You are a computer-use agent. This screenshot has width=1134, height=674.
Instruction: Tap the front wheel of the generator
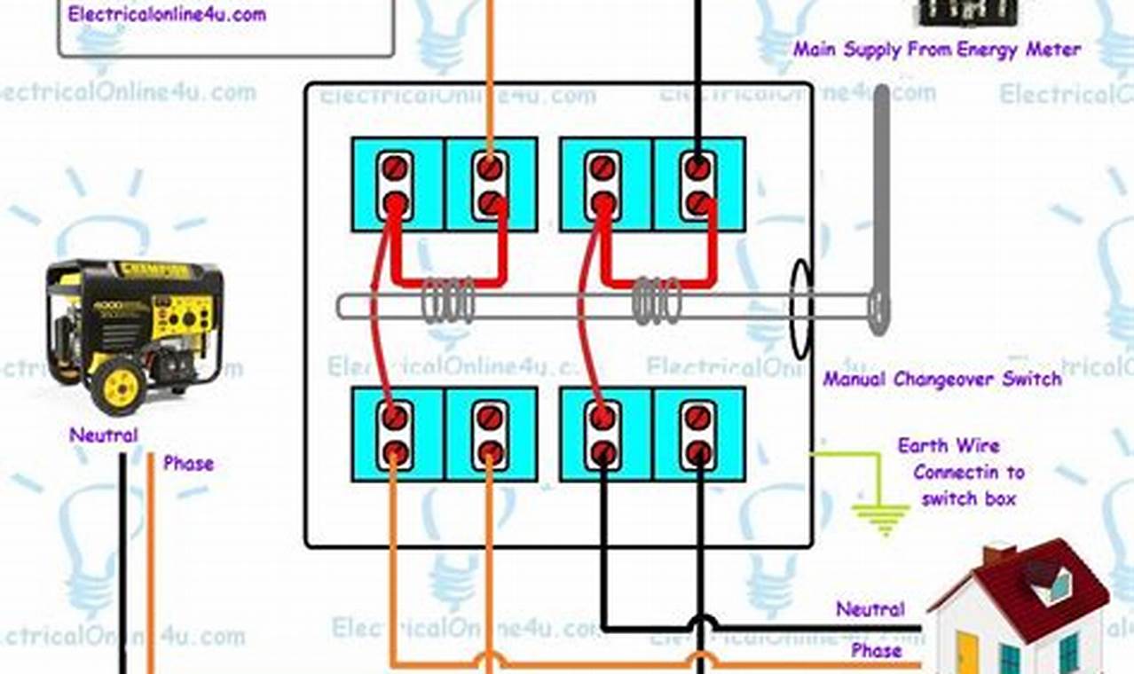[118, 388]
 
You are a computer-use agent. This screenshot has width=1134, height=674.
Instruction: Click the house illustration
[1020, 612]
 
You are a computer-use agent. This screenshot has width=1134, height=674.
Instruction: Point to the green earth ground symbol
[881, 518]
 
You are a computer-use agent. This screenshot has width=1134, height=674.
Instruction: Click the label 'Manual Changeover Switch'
[941, 380]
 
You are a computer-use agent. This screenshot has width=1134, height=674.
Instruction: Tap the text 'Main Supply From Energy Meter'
[937, 50]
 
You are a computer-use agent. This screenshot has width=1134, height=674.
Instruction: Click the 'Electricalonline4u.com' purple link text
[167, 14]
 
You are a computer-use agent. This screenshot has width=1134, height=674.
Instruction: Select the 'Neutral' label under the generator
[104, 435]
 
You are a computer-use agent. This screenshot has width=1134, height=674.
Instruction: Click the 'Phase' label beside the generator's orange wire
[188, 463]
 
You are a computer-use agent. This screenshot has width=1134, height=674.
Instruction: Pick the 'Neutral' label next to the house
[870, 609]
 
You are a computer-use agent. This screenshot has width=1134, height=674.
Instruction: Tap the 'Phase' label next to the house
[877, 650]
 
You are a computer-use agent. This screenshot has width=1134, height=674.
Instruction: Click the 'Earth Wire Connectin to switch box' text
[961, 472]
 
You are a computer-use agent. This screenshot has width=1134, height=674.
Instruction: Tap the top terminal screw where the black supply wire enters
[697, 167]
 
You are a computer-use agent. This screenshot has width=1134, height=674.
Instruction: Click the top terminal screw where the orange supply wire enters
[489, 167]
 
